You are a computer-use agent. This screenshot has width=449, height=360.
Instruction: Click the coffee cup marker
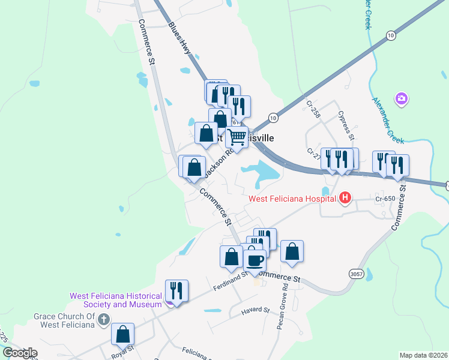click(255, 261)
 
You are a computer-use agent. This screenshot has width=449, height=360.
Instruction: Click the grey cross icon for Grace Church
click(103, 319)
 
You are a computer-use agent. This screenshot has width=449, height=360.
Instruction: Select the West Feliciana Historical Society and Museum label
click(116, 300)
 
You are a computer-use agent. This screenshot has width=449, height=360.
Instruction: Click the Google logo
click(20, 353)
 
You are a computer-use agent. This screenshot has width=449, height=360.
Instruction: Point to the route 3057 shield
click(356, 274)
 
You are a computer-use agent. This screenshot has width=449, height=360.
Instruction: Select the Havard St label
click(256, 310)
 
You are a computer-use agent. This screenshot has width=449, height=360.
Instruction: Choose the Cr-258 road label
click(314, 110)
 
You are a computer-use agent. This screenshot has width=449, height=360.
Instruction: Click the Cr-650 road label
click(386, 199)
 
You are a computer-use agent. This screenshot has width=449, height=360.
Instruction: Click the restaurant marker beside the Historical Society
click(176, 291)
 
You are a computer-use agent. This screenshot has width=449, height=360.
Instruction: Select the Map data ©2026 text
click(423, 355)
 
